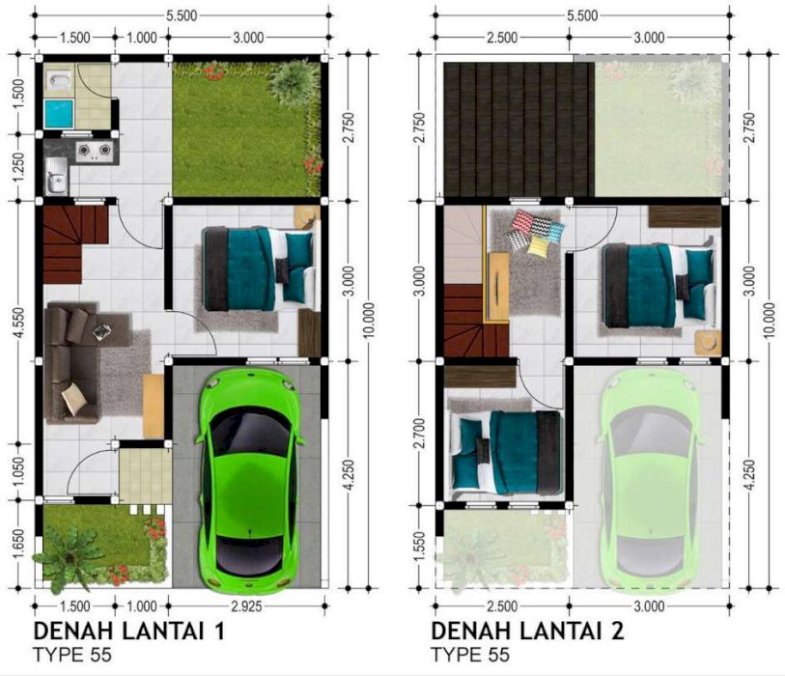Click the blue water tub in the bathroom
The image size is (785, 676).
(59, 113)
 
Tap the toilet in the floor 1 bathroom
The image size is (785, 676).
(60, 80)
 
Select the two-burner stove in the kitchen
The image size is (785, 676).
(94, 151)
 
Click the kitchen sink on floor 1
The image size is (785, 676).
(56, 177)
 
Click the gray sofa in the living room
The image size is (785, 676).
(71, 361)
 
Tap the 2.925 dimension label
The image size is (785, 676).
(246, 606)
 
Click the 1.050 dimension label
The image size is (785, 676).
(18, 471)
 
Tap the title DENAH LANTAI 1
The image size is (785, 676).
(129, 631)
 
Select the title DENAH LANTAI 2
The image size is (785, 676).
(527, 631)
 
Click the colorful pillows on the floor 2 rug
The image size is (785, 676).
(536, 233)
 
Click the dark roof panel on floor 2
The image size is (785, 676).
(519, 129)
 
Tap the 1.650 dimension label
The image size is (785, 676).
(18, 546)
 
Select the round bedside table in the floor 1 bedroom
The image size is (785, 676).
(307, 217)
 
